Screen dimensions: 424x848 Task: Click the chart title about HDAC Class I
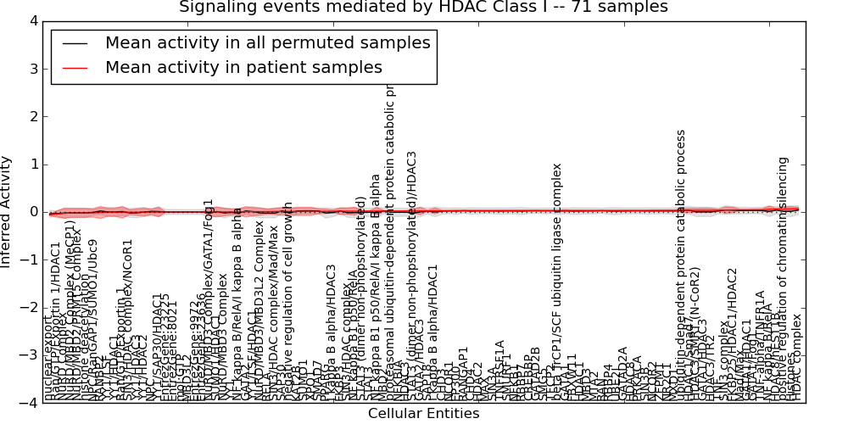[x=423, y=8]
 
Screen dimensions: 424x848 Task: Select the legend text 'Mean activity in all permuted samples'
[x=267, y=42]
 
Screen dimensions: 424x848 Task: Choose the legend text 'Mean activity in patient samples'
[x=243, y=67]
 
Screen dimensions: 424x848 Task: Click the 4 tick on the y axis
[x=31, y=21]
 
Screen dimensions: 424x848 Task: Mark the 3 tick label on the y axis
[x=31, y=69]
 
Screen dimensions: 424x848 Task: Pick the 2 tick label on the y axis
[x=31, y=117]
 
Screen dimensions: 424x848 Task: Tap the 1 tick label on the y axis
[x=31, y=165]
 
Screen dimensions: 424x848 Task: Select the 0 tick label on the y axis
[x=31, y=212]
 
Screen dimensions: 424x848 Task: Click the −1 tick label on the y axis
[x=28, y=260]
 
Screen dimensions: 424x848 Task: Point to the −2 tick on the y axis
[x=28, y=308]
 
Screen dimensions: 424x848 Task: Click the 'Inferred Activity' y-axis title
[x=8, y=212]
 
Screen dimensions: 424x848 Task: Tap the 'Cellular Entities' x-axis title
[x=423, y=414]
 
